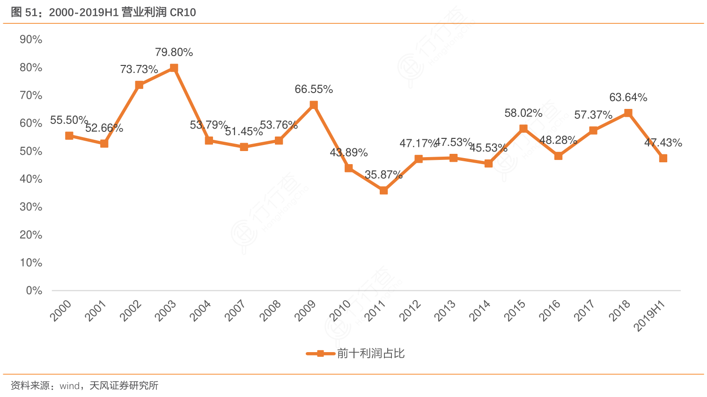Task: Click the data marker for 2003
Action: click(174, 68)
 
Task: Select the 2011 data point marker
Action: click(383, 190)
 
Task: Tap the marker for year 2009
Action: click(314, 105)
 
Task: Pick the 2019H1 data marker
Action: click(663, 159)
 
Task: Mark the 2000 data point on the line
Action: click(69, 136)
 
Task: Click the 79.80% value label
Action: click(174, 52)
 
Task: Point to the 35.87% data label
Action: click(383, 175)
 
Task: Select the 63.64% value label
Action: click(628, 97)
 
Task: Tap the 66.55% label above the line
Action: click(314, 89)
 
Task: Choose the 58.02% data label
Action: click(523, 113)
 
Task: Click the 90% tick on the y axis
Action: click(31, 40)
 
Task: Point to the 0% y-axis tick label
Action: click(34, 291)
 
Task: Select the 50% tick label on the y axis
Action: click(31, 152)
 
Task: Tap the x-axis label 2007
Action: click(235, 310)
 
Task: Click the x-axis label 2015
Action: click(515, 310)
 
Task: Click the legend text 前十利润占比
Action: click(371, 354)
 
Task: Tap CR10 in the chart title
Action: click(183, 13)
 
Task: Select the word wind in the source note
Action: click(70, 386)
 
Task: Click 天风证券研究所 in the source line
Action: click(124, 386)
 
